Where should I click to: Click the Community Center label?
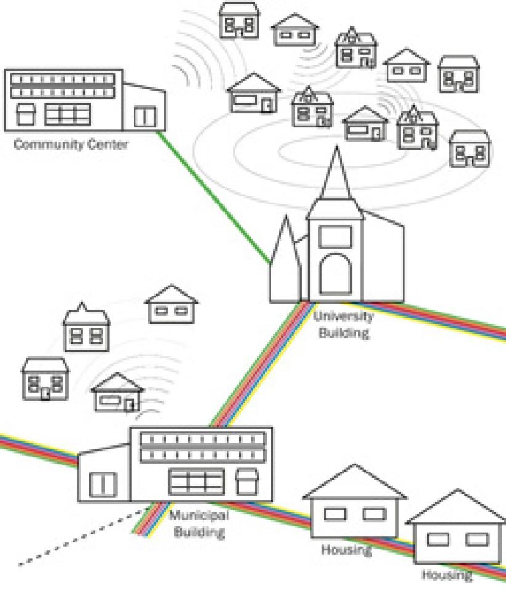71,145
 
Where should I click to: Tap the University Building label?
343,324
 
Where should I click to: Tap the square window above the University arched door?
336,237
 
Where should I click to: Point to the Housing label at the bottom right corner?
447,575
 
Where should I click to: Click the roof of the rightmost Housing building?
456,508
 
